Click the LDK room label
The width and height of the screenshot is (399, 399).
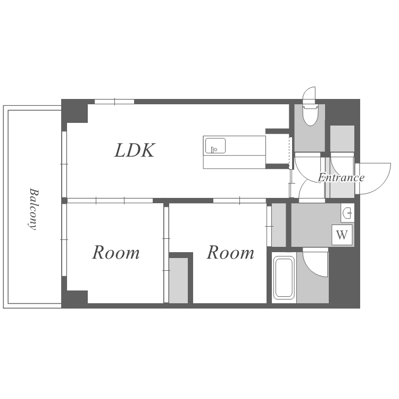(135, 150)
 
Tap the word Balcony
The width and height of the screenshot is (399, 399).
(34, 209)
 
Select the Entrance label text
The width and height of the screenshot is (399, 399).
(341, 177)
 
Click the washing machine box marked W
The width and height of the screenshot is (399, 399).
(342, 235)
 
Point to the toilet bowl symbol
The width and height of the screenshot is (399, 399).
(310, 117)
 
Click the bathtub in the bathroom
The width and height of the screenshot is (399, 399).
(284, 277)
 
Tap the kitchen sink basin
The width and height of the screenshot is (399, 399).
(215, 146)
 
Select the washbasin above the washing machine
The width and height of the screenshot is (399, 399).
(347, 213)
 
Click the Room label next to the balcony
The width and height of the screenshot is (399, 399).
(116, 253)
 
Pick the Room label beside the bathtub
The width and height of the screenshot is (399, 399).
(230, 253)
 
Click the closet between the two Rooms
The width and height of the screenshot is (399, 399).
(178, 280)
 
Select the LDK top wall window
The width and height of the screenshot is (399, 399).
(114, 102)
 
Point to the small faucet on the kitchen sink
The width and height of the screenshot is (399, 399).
(213, 149)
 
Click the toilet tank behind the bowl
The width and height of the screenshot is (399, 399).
(310, 106)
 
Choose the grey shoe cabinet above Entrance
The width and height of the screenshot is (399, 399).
(342, 139)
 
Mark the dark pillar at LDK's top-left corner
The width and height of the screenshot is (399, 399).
(75, 111)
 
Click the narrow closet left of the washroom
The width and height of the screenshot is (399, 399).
(279, 225)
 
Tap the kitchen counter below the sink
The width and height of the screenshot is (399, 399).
(235, 162)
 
